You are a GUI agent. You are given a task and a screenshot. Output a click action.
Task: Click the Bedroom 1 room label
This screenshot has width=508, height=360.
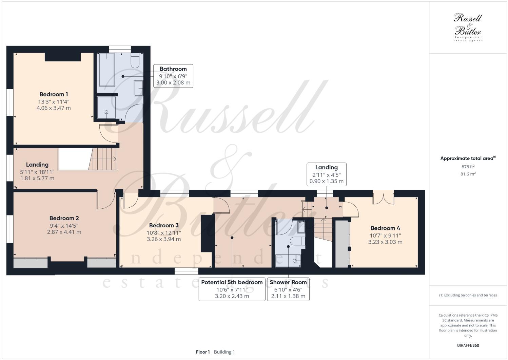(x=54, y=94)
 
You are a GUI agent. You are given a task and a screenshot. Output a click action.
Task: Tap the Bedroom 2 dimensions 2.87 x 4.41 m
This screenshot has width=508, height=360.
(x=64, y=232)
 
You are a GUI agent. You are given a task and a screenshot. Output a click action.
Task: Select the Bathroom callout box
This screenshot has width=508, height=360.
(x=173, y=76)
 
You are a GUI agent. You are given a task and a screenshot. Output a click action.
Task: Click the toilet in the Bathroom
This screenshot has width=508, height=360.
(x=135, y=60)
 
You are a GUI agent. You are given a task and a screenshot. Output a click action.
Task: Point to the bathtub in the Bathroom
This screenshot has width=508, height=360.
(x=106, y=70)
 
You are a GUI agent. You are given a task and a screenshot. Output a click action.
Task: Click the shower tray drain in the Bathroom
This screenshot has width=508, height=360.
(x=106, y=112)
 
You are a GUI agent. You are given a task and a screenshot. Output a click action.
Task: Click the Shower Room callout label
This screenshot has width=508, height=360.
(x=288, y=282)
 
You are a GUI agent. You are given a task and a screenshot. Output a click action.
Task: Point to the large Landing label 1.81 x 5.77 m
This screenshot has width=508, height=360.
(x=37, y=178)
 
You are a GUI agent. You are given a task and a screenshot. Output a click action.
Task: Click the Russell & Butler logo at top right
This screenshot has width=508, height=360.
(x=468, y=27)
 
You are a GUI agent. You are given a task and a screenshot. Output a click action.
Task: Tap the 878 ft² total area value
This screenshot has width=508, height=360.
(x=468, y=167)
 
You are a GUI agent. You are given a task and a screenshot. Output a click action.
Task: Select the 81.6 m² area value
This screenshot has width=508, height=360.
(x=468, y=174)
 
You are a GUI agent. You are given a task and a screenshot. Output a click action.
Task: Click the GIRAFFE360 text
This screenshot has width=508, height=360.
(x=468, y=345)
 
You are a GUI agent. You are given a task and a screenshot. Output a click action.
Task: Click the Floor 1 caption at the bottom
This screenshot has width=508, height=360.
(x=203, y=352)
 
